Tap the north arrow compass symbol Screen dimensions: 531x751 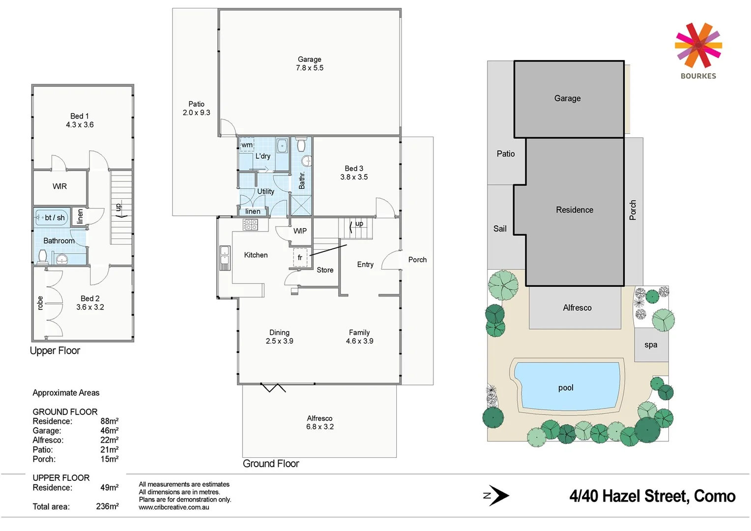point(497,496)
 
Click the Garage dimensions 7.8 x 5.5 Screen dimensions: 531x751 point(310,68)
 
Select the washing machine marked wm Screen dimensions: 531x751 point(247,145)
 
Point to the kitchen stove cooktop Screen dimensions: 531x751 point(250,225)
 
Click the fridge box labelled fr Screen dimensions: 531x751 point(300,258)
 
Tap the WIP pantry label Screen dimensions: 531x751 point(300,231)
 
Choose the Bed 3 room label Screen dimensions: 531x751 point(354,168)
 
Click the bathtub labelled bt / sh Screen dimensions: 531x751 point(52,217)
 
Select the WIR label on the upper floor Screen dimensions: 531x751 point(59,186)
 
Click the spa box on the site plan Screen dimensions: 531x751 point(651,345)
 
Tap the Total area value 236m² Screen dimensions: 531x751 point(107,506)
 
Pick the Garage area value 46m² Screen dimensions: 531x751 point(109,431)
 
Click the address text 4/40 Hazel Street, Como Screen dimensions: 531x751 point(652,496)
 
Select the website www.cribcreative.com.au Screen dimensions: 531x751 point(173,507)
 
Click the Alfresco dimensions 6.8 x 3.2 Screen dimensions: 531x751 point(320,427)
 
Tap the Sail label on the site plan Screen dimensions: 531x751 point(500,229)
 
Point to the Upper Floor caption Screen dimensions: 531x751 point(55,351)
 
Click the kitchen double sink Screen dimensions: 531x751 point(225,258)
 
